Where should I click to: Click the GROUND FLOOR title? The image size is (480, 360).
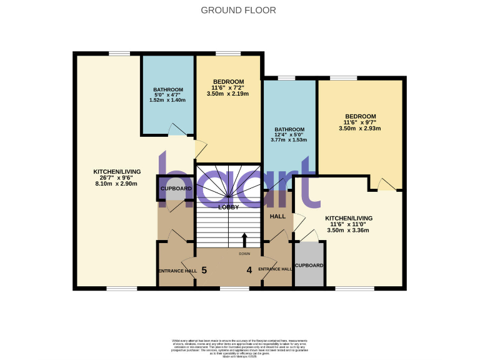[238, 10]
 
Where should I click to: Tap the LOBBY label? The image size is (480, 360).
[228, 207]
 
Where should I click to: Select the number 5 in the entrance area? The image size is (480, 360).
[204, 271]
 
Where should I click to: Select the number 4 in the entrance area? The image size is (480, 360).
[249, 271]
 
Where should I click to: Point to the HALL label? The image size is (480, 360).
[277, 216]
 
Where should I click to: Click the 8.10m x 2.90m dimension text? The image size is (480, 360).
[117, 185]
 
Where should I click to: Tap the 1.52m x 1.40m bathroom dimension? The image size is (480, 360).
[167, 100]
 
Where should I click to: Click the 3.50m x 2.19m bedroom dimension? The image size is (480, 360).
[228, 94]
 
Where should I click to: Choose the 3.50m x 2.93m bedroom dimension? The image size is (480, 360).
[360, 128]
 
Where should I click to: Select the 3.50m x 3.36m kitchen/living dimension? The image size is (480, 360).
[348, 230]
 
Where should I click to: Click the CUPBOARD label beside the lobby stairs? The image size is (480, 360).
[176, 188]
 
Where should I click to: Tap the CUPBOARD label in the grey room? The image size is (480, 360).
[309, 266]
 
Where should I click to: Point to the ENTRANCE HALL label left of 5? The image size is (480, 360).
[177, 271]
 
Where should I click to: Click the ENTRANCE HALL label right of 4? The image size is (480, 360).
[275, 269]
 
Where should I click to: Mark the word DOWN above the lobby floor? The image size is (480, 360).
[244, 254]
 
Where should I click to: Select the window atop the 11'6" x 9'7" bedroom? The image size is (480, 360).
[343, 78]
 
